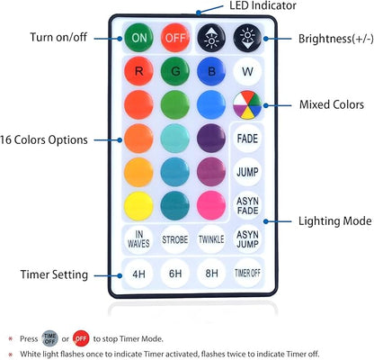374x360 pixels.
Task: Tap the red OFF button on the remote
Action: point(175,38)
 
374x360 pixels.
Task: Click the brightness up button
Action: point(211,38)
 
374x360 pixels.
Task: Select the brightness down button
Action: point(247,38)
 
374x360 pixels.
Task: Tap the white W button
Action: point(247,72)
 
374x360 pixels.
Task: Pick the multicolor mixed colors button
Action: point(247,105)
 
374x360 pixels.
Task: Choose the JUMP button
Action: point(247,172)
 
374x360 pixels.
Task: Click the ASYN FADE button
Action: point(247,205)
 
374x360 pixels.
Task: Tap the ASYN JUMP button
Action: point(247,239)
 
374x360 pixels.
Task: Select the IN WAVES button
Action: point(138,239)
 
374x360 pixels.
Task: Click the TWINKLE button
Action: point(211,239)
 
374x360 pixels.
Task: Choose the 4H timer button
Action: point(138,274)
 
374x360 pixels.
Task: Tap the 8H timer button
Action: point(211,274)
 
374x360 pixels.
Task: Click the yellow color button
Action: point(138,206)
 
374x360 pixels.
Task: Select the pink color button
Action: point(211,206)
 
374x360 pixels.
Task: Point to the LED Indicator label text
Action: point(263,5)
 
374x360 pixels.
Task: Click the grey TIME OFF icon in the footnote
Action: point(49,338)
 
